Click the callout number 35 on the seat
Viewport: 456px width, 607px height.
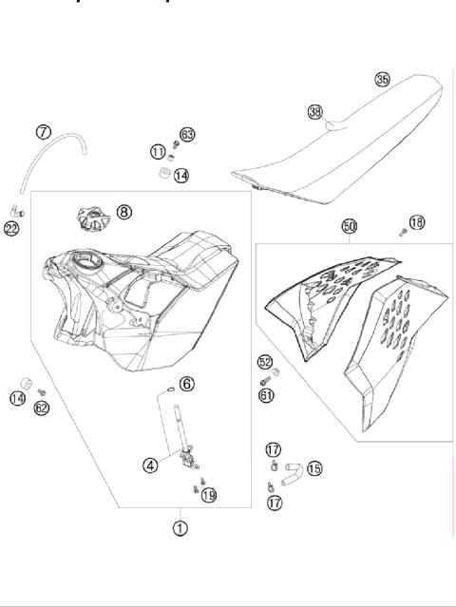[x=382, y=79]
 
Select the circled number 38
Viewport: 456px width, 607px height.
[x=315, y=111]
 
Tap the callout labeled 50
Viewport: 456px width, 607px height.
[x=349, y=226]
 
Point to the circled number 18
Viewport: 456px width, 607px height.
[x=415, y=222]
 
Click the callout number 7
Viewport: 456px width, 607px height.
[x=44, y=131]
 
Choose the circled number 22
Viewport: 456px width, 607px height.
[x=11, y=228]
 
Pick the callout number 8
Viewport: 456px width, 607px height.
[x=124, y=211]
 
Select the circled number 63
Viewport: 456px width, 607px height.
[x=187, y=134]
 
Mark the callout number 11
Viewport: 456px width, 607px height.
[x=157, y=151]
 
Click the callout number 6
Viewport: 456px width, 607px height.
[x=187, y=383]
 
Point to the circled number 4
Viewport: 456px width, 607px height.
[x=150, y=465]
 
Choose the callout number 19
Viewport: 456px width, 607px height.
[x=209, y=494]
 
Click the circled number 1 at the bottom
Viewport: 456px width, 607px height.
[x=180, y=528]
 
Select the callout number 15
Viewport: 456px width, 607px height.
[x=313, y=468]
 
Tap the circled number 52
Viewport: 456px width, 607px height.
[x=265, y=362]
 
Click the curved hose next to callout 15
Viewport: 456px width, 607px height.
[x=292, y=467]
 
